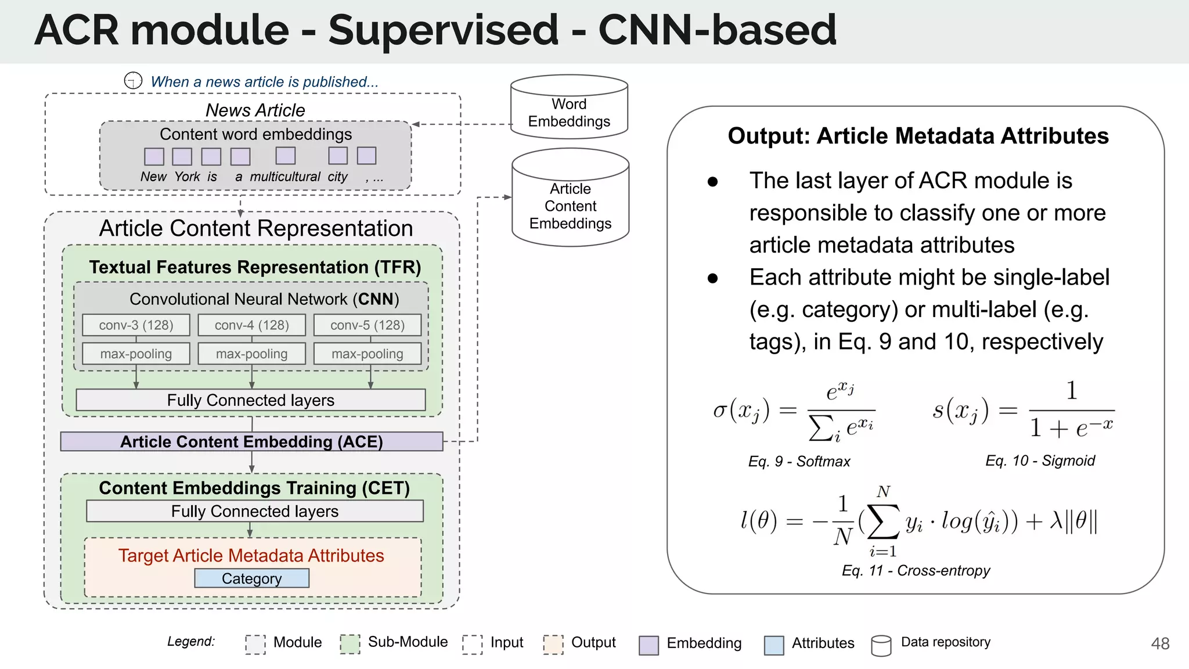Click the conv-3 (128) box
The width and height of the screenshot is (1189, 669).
tap(136, 325)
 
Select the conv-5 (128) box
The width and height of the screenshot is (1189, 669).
tap(367, 325)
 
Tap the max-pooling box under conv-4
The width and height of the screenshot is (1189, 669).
tap(251, 354)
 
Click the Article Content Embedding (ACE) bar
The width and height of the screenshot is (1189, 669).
tap(251, 442)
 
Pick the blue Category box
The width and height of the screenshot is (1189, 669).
tap(251, 578)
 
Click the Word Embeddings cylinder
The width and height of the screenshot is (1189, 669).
tap(569, 110)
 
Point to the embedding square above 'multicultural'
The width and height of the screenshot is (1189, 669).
tap(285, 156)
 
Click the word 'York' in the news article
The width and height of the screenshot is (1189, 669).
tap(187, 177)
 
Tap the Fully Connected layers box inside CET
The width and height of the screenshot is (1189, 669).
tap(254, 511)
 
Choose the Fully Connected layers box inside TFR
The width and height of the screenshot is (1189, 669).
tap(251, 400)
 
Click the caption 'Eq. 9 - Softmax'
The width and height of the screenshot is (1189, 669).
tap(799, 462)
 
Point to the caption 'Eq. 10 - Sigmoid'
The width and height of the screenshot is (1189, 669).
tap(1040, 461)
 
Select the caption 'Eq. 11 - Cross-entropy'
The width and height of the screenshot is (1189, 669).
tap(916, 570)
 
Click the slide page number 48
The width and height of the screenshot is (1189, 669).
tap(1160, 643)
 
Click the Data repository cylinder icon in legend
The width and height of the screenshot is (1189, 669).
tap(881, 645)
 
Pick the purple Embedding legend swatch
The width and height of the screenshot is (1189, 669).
tap(648, 645)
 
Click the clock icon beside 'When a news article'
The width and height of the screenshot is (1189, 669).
tap(133, 81)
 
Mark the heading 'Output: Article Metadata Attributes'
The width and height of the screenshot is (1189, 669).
tap(918, 136)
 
